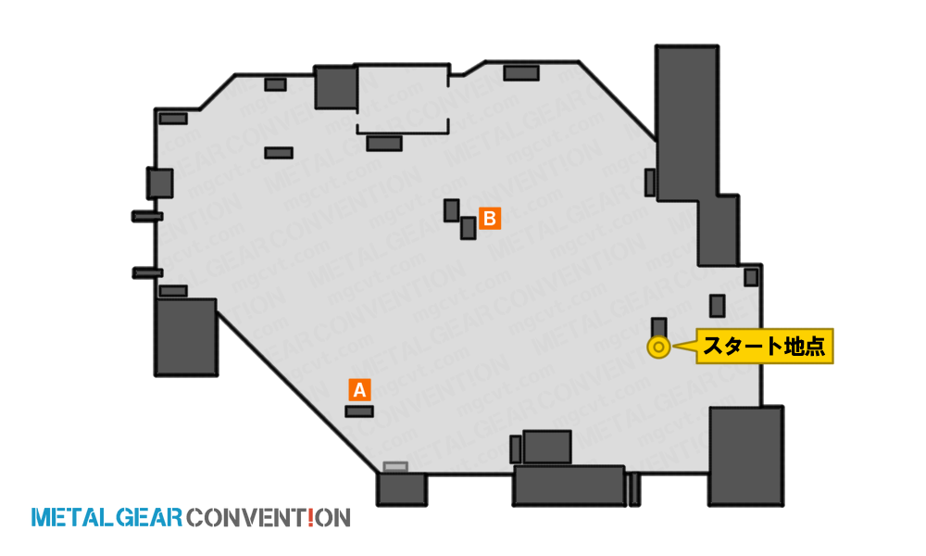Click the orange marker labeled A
359,390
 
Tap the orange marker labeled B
490,219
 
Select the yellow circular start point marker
658,347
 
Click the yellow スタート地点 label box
764,347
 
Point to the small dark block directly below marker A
359,411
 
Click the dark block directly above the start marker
659,327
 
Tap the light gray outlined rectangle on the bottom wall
395,467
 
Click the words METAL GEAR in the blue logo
106,518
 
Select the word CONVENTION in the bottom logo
269,518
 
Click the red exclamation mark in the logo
310,518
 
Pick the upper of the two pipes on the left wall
147,216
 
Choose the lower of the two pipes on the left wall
147,273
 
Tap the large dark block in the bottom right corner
746,456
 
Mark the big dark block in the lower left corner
186,336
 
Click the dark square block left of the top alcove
336,87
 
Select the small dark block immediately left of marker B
452,210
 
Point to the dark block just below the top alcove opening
384,143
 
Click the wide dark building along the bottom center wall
569,486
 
